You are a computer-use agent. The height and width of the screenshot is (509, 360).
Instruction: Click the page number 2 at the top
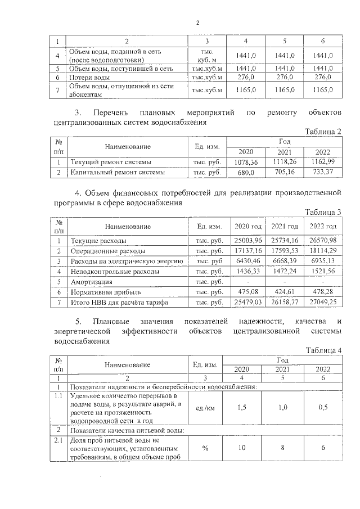pyautogui.click(x=197, y=23)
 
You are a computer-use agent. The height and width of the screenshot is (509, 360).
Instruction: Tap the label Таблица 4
pyautogui.click(x=323, y=350)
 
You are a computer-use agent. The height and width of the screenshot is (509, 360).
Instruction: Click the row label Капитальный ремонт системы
pyautogui.click(x=117, y=172)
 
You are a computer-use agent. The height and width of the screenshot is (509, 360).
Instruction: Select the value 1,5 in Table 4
pyautogui.click(x=242, y=408)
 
